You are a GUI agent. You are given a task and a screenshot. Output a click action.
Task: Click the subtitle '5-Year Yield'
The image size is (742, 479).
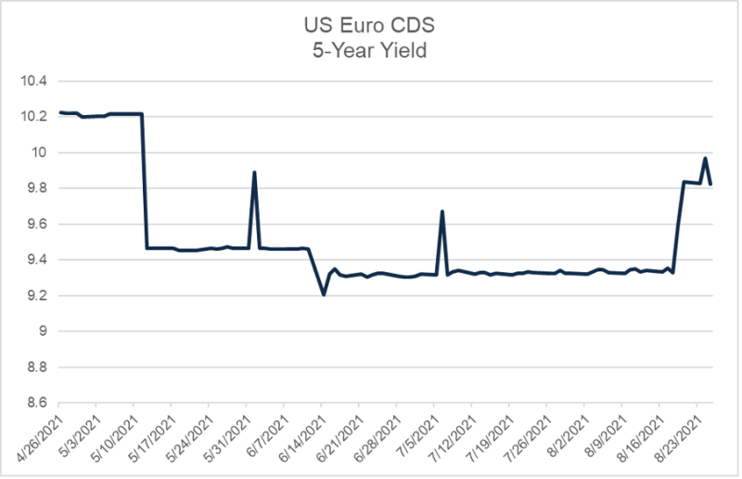pos(371,51)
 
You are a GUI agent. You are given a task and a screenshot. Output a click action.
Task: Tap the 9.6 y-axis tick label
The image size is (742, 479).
pos(36,224)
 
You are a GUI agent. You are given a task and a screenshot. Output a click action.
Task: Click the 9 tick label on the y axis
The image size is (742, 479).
pos(44,331)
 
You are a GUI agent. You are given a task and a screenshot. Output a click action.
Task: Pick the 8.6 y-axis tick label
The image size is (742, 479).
pos(36,403)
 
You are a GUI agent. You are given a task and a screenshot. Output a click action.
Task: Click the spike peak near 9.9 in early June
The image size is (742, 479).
pos(254,173)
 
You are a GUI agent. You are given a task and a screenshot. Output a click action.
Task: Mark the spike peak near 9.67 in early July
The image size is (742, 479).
pos(441,212)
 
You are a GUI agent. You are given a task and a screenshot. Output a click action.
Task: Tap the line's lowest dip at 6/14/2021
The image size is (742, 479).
pos(323,294)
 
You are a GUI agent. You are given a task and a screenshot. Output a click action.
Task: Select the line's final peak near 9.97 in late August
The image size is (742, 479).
pos(705,159)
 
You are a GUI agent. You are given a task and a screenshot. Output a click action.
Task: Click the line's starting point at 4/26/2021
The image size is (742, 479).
pos(59,112)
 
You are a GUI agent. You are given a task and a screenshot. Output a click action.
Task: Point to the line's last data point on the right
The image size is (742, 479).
pos(710,184)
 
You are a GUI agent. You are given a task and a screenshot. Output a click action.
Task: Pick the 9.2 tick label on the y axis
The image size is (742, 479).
pos(36,295)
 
